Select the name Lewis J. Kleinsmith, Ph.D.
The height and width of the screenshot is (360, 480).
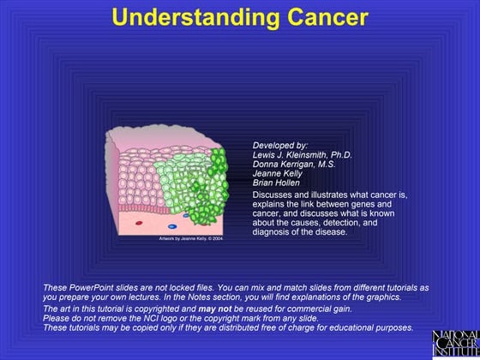tap(303, 155)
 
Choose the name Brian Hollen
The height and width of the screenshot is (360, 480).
tap(277, 183)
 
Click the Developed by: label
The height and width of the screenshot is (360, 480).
tap(280, 146)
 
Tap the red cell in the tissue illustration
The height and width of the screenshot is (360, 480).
tap(140, 223)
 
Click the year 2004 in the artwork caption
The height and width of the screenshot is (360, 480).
tap(218, 239)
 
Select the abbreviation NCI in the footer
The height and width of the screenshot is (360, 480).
tap(162, 318)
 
